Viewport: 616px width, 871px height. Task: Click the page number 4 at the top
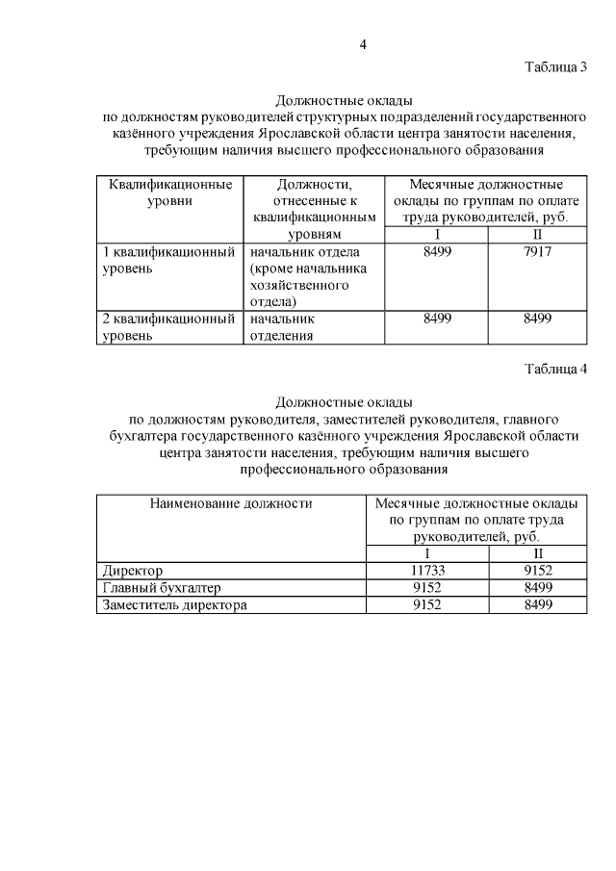(364, 43)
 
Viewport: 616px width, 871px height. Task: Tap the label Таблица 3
(555, 66)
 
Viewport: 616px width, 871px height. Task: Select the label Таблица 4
(555, 370)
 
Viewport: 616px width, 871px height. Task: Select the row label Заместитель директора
(174, 605)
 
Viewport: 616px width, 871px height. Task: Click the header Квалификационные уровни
(169, 192)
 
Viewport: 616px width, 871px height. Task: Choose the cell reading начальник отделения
(284, 327)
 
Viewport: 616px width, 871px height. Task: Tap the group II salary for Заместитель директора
(537, 605)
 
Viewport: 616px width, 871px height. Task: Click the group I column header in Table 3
(437, 235)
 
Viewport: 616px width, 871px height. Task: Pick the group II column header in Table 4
(537, 553)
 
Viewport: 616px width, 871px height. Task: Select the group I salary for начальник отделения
(437, 319)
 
